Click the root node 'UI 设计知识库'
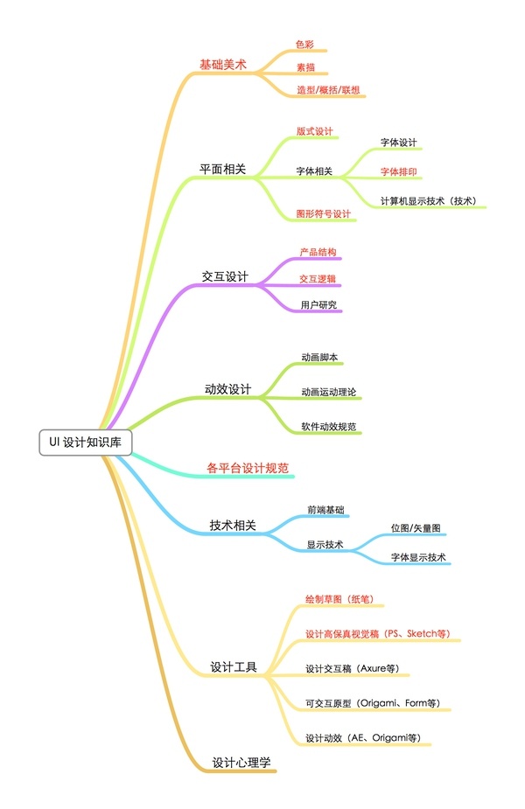pyautogui.click(x=85, y=443)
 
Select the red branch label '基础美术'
pyautogui.click(x=223, y=65)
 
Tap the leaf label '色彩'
pyautogui.click(x=304, y=45)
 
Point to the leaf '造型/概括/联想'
pyautogui.click(x=328, y=90)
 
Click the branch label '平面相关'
pyautogui.click(x=222, y=169)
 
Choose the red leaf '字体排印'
pyautogui.click(x=398, y=171)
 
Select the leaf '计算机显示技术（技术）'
pyautogui.click(x=429, y=200)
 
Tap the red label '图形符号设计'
pyautogui.click(x=323, y=213)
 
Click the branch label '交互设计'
pyautogui.click(x=225, y=276)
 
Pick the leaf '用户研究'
pyautogui.click(x=318, y=305)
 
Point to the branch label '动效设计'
pyautogui.click(x=227, y=389)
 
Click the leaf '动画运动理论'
pyautogui.click(x=329, y=392)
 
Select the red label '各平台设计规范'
pyautogui.click(x=248, y=468)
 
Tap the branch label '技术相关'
pyautogui.click(x=233, y=526)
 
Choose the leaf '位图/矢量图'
pyautogui.click(x=416, y=527)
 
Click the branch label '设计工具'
pyautogui.click(x=234, y=666)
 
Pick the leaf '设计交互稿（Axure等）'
pyautogui.click(x=352, y=669)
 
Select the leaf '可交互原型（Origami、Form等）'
pyautogui.click(x=372, y=703)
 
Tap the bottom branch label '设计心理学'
pyautogui.click(x=241, y=762)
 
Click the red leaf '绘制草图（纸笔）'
pyautogui.click(x=339, y=599)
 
